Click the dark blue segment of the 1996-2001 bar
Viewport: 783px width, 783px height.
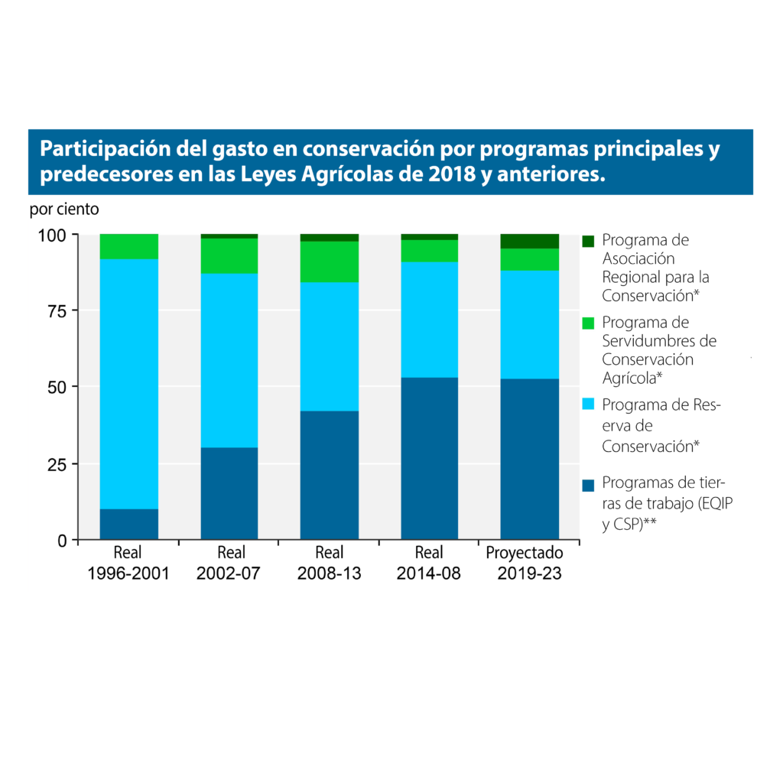129,524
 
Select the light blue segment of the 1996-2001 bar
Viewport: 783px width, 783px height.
129,382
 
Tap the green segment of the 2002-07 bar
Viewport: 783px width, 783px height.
229,255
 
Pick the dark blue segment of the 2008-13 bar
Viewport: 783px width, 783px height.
330,474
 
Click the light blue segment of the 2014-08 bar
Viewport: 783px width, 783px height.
430,319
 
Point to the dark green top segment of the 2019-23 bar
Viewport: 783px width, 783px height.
530,241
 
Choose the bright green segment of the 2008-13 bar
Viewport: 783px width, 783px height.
330,262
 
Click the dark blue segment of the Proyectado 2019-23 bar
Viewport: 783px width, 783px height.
530,459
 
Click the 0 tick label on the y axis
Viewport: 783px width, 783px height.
63,541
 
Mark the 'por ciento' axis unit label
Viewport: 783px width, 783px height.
64,208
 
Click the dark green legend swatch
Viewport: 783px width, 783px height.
588,241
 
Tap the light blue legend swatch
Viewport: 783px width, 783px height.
588,404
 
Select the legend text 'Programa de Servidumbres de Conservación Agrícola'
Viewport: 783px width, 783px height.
659,350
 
